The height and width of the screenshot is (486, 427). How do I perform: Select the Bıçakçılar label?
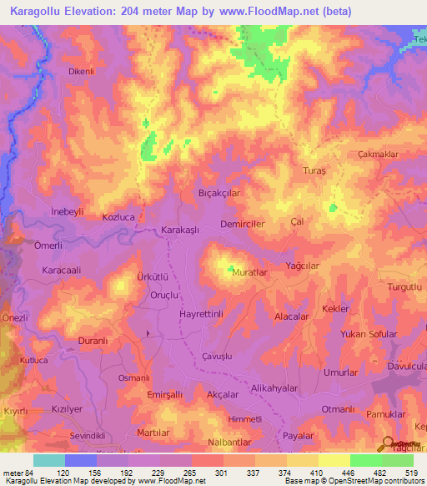point(220,192)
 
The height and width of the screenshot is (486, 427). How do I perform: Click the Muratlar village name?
point(254,273)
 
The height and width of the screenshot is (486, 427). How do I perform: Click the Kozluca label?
point(118,216)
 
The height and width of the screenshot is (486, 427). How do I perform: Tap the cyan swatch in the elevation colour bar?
point(49,461)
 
